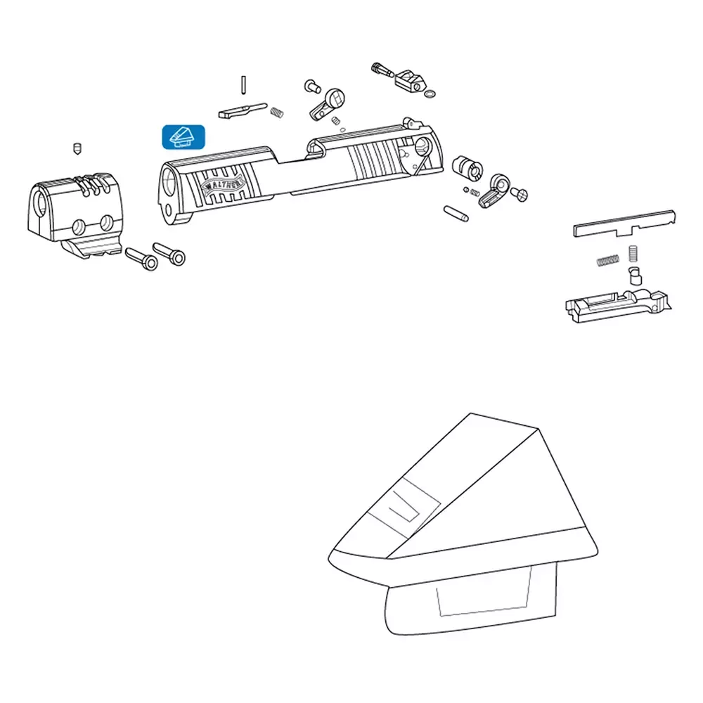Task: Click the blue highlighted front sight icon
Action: [183, 137]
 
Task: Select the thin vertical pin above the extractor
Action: [243, 85]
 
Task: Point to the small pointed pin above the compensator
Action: [77, 148]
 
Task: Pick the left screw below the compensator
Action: [141, 259]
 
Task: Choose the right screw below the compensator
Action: [169, 254]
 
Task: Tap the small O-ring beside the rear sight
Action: [429, 94]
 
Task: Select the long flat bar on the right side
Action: [624, 224]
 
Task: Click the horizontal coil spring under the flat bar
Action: [608, 261]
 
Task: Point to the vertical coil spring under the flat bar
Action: [633, 254]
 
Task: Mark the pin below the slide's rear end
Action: [456, 214]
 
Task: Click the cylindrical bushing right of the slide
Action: [467, 167]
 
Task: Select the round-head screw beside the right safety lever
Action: [520, 194]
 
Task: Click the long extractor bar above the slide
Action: [243, 111]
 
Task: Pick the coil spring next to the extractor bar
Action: [277, 113]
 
